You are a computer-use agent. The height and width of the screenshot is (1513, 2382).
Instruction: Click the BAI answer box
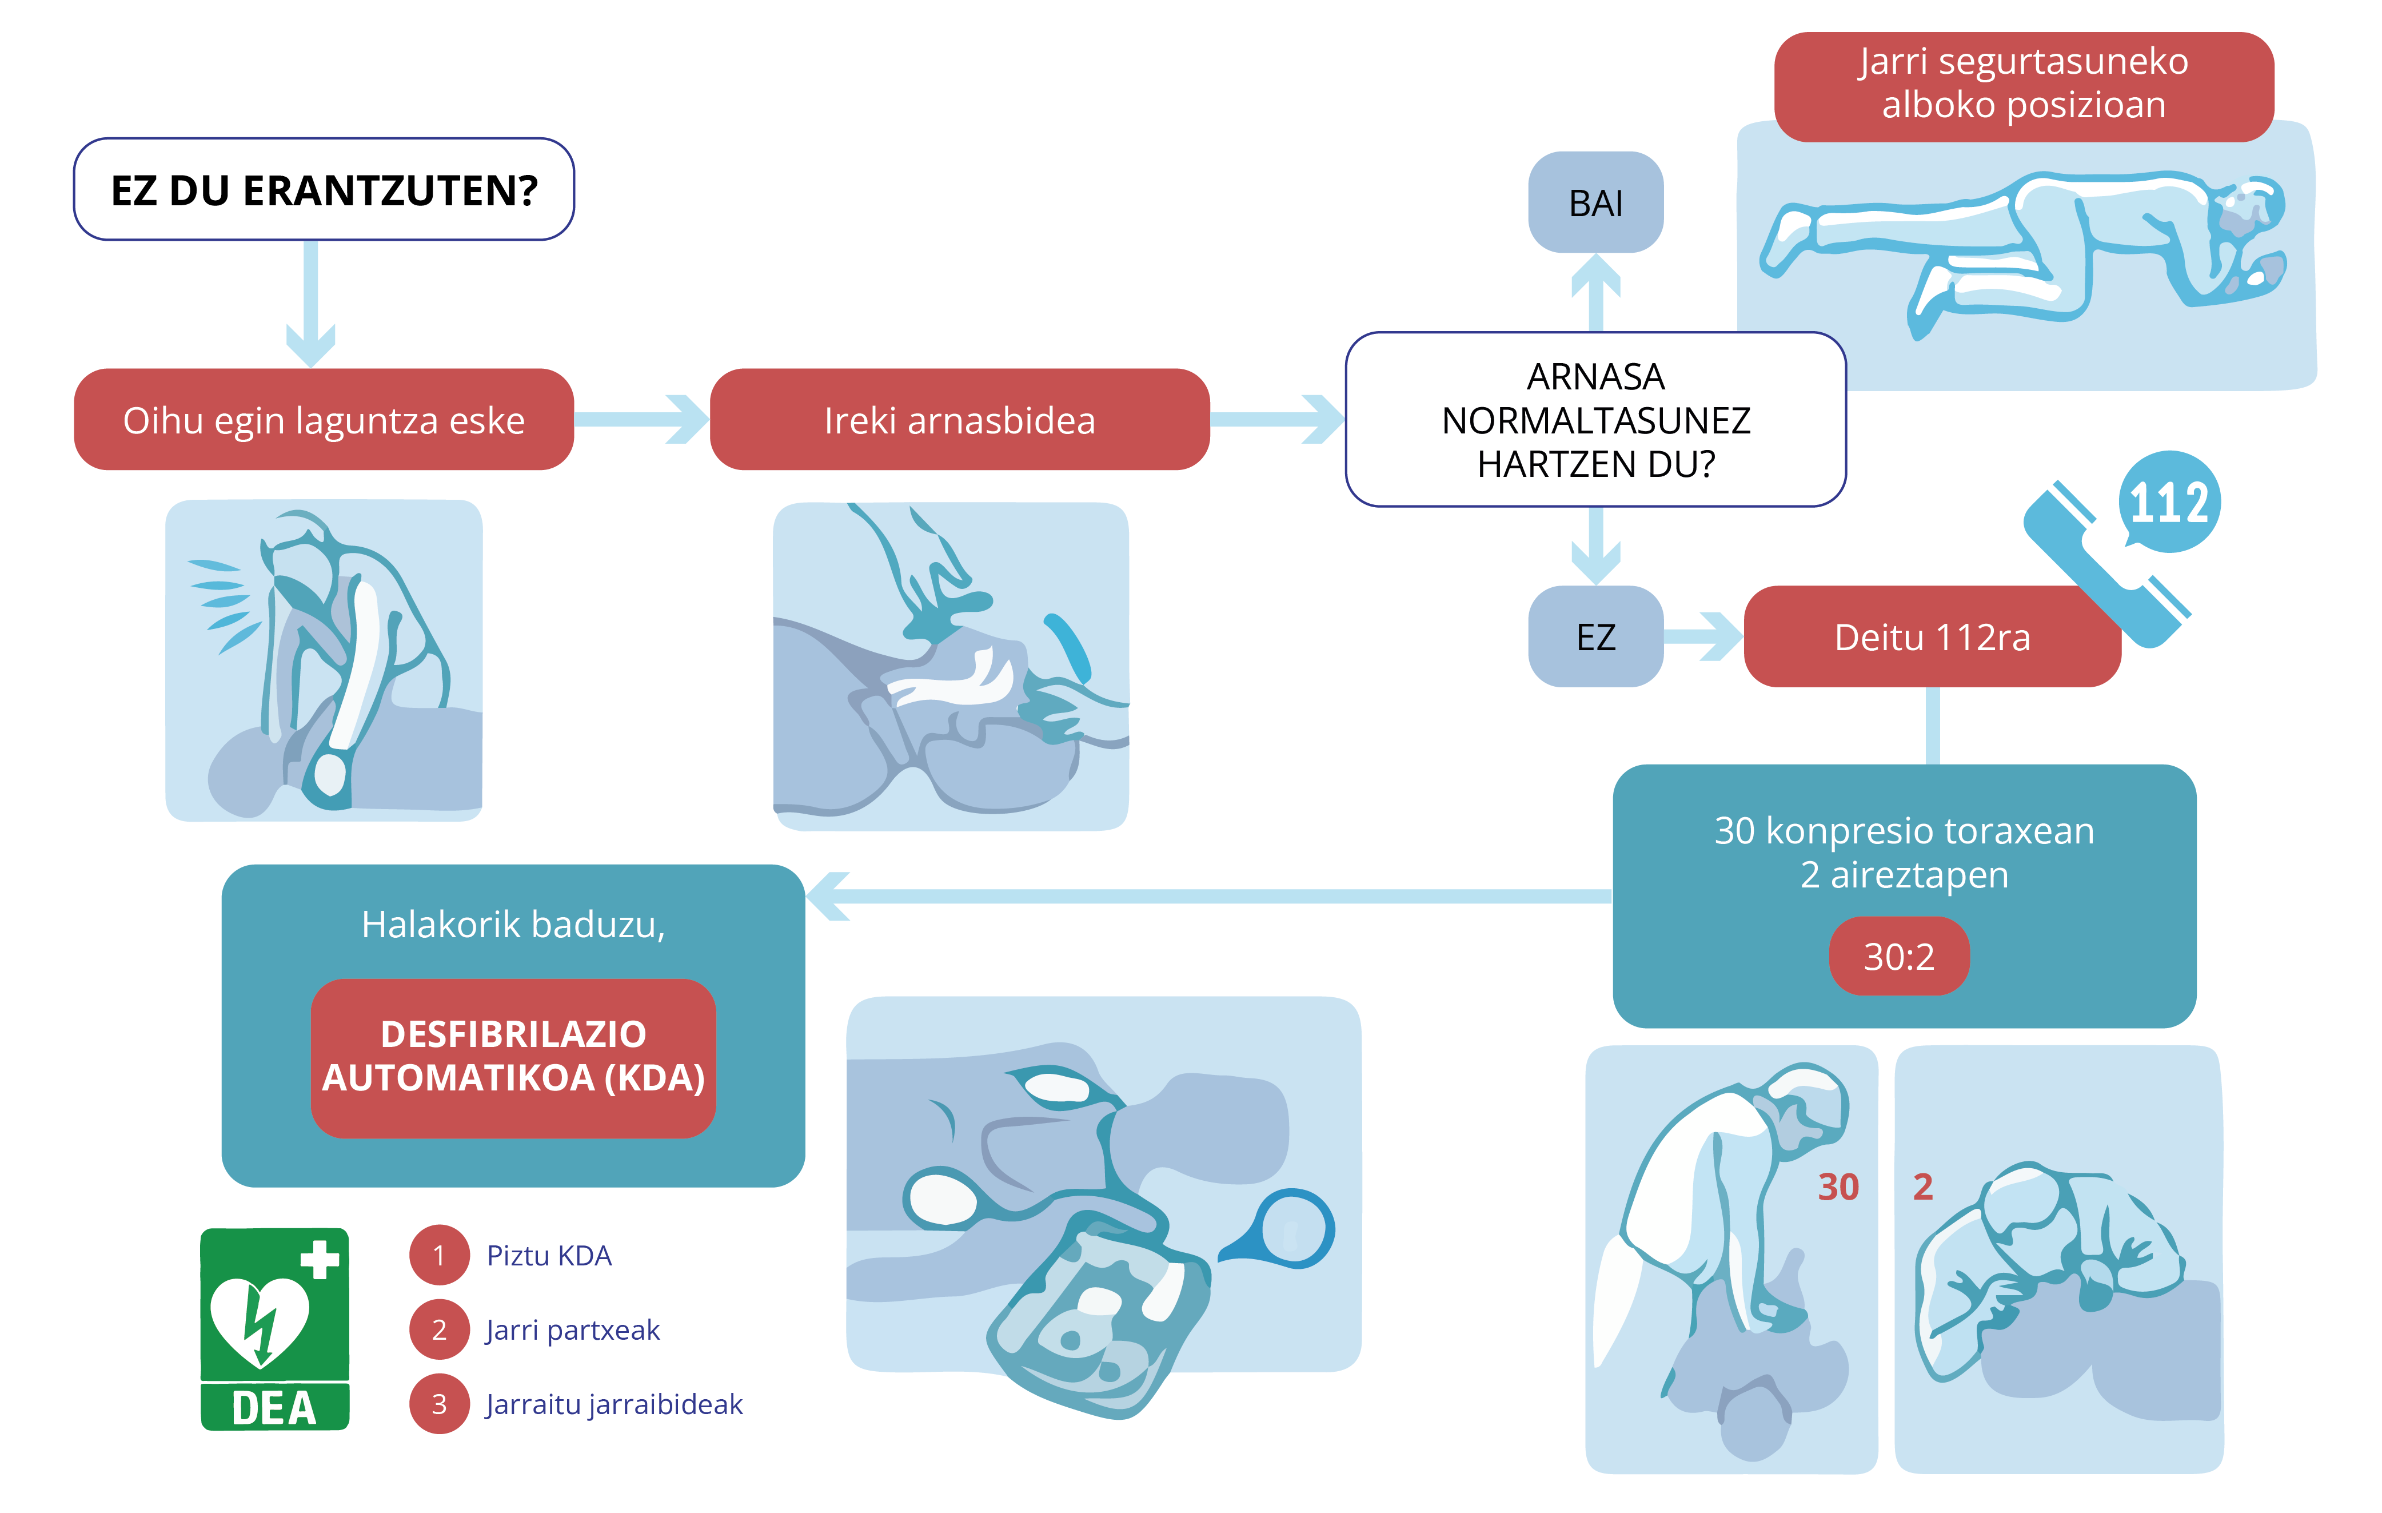pos(1595,203)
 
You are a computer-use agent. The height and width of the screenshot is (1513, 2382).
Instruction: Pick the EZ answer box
pos(1595,636)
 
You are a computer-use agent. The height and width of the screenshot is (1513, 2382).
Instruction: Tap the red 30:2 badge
pos(1898,956)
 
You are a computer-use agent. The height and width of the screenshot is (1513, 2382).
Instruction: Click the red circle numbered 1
pos(439,1255)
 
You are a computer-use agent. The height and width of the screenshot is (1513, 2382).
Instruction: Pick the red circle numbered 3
pos(439,1403)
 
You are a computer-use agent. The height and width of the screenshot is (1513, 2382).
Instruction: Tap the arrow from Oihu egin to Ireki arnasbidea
pos(641,420)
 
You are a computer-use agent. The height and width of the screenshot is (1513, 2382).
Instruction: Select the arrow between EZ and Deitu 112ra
pos(1703,636)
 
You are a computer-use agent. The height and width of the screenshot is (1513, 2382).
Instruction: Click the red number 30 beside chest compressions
pos(1838,1186)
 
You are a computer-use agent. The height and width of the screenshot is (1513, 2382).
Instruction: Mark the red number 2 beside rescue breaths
pos(1922,1186)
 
